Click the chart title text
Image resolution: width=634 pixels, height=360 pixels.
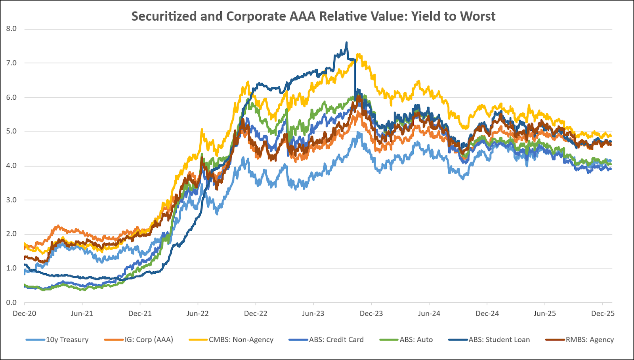313,16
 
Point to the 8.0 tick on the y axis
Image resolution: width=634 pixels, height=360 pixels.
11,29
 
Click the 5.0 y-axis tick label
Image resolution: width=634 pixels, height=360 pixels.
11,131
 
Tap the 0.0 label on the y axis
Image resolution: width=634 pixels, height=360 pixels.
11,303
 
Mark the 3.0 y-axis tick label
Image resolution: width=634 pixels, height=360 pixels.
11,200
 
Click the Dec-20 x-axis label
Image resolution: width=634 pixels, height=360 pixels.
25,314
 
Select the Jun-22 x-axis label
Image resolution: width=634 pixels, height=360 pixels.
197,314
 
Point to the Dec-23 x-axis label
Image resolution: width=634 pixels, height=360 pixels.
371,314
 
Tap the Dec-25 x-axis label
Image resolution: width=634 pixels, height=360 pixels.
603,314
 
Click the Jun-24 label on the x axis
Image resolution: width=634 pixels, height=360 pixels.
429,314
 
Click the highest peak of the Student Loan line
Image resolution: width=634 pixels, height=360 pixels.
347,42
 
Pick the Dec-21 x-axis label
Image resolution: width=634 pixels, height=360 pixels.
140,314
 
